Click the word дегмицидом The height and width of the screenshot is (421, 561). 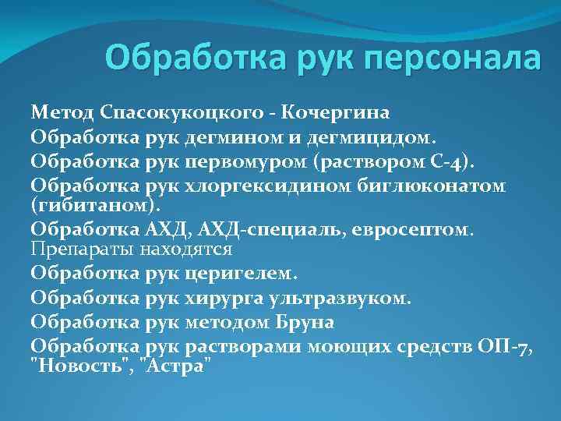click(367, 139)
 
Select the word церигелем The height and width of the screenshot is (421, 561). click(242, 274)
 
